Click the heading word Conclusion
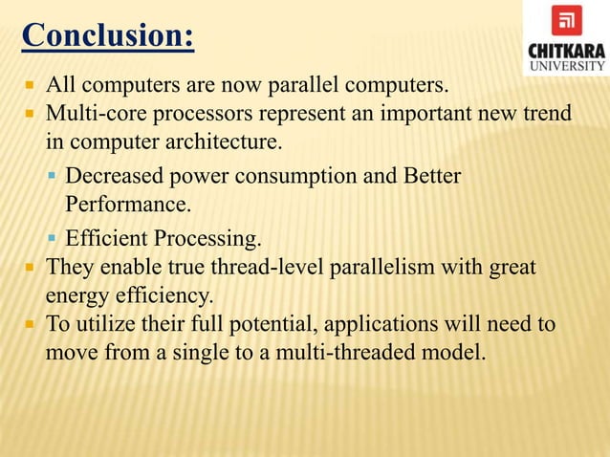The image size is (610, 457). point(107,36)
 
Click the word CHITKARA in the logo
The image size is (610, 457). point(566,49)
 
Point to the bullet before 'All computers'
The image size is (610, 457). point(30,88)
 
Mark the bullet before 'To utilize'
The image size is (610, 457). point(30,324)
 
